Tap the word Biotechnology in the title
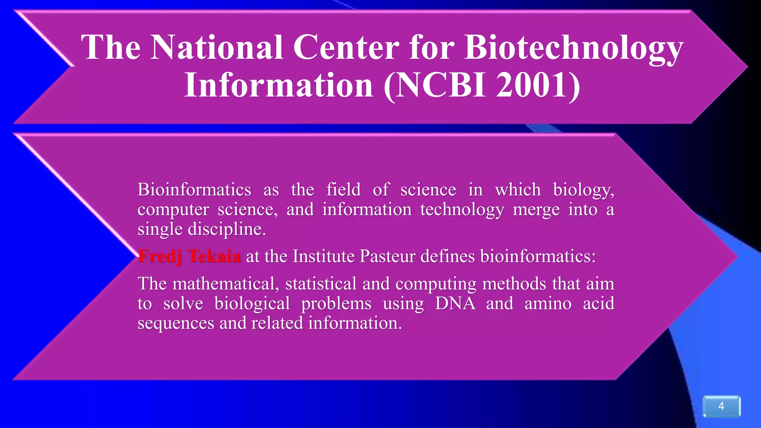pos(574,48)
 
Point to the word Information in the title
pos(279,85)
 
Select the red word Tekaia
pos(214,257)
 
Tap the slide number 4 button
pos(721,406)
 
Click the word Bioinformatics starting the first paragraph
pos(194,190)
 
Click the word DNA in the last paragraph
pos(455,304)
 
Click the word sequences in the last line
pos(176,323)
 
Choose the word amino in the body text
pos(548,304)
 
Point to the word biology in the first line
pos(583,190)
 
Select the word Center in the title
pos(346,48)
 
